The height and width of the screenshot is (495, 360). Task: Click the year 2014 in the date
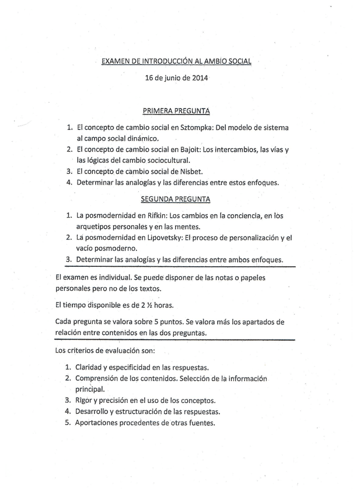tap(200, 77)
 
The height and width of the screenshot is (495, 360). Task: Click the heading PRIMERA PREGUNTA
tap(176, 110)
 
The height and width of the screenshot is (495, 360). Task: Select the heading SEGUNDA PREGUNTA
tap(176, 199)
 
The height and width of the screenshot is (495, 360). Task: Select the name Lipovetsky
tap(162, 238)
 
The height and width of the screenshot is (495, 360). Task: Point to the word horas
tap(161, 305)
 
